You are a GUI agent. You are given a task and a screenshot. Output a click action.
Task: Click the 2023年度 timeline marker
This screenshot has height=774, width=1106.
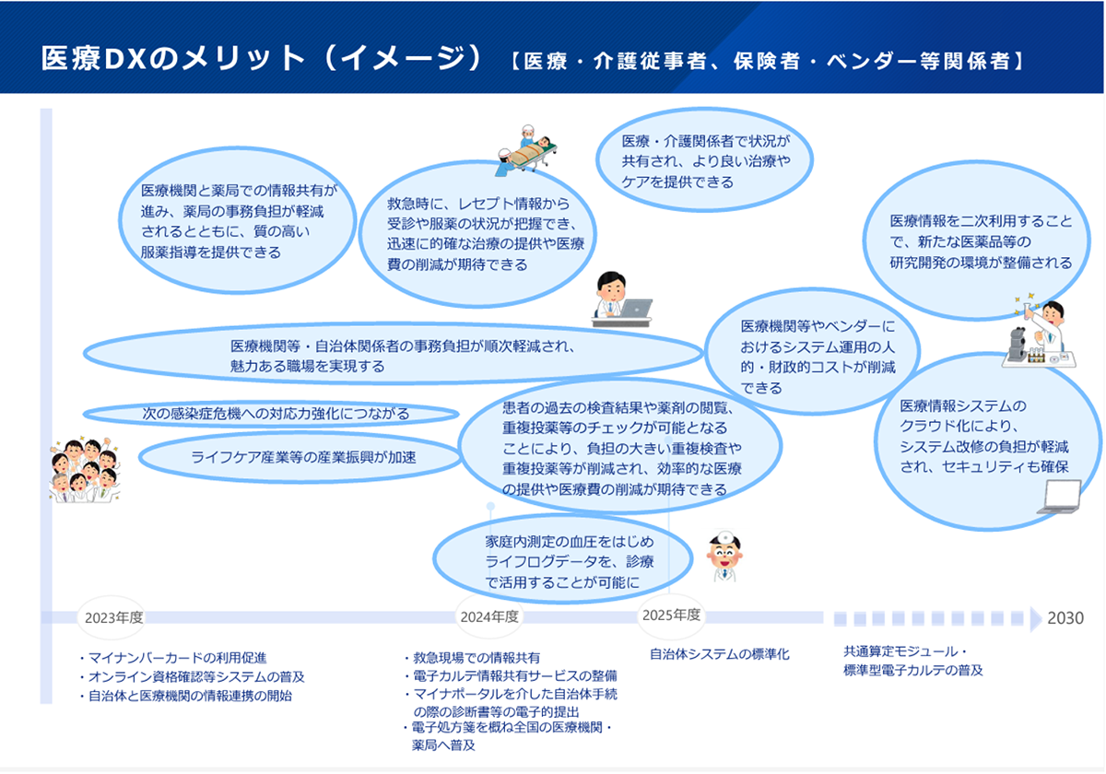(x=112, y=617)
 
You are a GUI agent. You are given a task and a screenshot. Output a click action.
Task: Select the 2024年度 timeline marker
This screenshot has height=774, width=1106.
(x=488, y=616)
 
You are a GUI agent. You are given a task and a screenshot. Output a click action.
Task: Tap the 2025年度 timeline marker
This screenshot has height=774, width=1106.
(x=671, y=616)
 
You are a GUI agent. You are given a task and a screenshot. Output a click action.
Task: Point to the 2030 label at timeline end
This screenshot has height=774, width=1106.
(x=1065, y=618)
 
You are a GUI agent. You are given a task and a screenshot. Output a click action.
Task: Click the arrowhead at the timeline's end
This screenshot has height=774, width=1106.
(x=1036, y=619)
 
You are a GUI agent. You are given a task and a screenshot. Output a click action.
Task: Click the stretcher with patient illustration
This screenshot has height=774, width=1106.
(x=526, y=150)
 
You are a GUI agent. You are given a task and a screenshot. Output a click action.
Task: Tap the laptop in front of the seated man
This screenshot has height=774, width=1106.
(x=636, y=309)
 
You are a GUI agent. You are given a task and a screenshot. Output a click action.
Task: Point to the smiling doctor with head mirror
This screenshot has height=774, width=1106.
(x=724, y=557)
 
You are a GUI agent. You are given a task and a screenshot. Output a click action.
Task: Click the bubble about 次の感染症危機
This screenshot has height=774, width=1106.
(x=271, y=413)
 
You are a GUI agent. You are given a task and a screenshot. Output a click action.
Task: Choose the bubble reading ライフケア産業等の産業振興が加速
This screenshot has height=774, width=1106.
(x=300, y=457)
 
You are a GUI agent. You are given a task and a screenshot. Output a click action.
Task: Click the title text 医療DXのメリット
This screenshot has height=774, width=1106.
(x=173, y=58)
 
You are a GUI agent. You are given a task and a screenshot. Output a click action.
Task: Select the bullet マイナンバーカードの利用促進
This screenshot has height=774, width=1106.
(x=173, y=658)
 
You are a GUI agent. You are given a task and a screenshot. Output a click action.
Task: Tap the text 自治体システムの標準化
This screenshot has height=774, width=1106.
(x=720, y=654)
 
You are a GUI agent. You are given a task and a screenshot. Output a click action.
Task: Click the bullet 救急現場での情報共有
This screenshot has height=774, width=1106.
(x=472, y=658)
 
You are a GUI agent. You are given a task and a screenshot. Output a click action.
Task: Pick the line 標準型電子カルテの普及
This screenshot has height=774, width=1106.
(x=913, y=670)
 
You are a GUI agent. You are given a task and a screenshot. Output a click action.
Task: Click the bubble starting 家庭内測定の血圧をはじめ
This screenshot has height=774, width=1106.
(x=563, y=558)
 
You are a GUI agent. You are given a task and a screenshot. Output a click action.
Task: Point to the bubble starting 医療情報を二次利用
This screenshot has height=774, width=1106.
(x=976, y=240)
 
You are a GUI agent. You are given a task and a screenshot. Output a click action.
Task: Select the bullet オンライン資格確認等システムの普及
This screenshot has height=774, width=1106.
(x=192, y=676)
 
